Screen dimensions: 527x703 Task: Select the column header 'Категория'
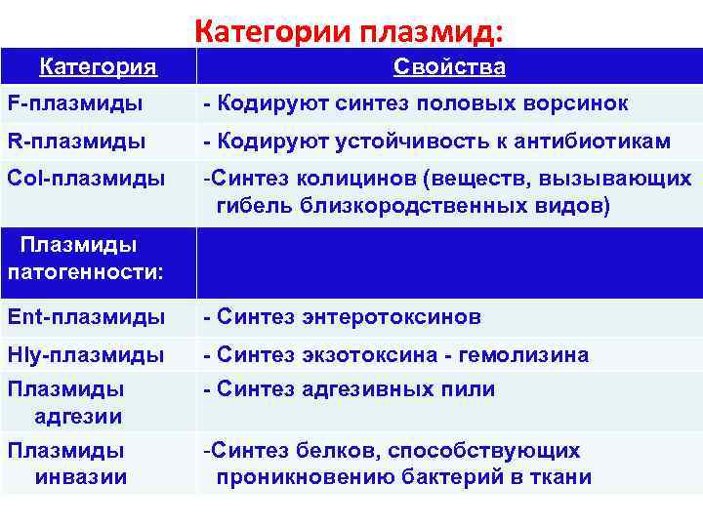(98, 67)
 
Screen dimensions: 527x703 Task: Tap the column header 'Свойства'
(449, 67)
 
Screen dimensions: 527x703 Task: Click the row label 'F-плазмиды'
(75, 103)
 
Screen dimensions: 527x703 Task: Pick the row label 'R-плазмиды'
(77, 142)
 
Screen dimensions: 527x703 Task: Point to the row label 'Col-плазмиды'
(86, 180)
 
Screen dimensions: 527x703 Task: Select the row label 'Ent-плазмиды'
(86, 317)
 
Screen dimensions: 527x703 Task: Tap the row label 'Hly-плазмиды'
(86, 355)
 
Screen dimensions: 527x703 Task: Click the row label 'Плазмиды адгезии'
(65, 403)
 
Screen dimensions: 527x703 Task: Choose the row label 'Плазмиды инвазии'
(66, 465)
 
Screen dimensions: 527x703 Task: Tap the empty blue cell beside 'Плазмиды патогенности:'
(449, 263)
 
